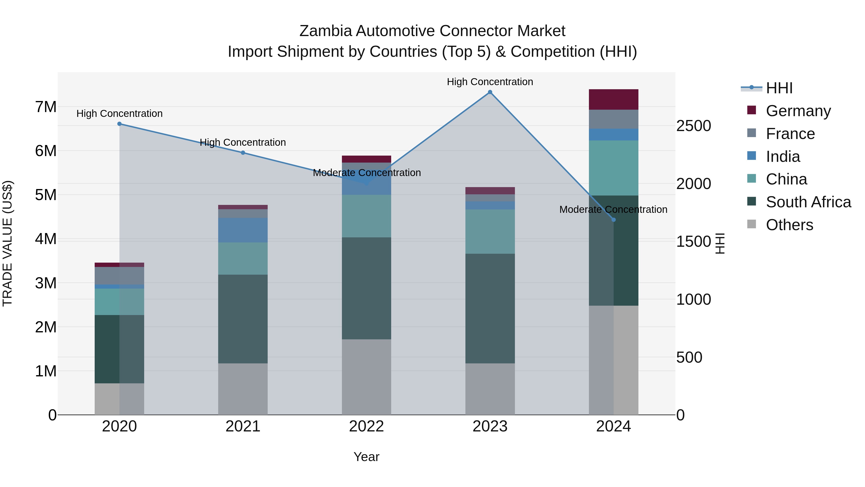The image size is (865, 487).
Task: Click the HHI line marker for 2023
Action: tap(490, 92)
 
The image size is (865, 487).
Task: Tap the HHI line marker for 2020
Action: tap(120, 124)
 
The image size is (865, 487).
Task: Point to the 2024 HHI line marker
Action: tap(613, 220)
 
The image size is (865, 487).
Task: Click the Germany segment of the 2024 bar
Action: tap(613, 100)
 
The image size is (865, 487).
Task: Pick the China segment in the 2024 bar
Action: tap(613, 168)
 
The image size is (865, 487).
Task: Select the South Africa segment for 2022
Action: tap(366, 288)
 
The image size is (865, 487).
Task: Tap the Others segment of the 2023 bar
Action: tap(490, 389)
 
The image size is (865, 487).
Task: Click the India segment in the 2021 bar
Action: tap(243, 230)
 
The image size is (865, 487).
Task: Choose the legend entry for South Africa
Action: tap(808, 202)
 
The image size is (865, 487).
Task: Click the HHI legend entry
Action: tap(779, 88)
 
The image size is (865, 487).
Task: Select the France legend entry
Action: tap(790, 134)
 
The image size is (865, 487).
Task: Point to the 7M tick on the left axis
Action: tap(46, 107)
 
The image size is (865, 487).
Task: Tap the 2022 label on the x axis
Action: tap(366, 426)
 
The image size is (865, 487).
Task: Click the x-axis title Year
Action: tap(366, 457)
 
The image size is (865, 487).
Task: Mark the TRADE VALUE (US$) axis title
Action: tap(7, 243)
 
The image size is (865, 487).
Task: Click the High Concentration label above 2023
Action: tap(490, 82)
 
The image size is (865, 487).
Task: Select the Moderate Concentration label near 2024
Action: tap(613, 209)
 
